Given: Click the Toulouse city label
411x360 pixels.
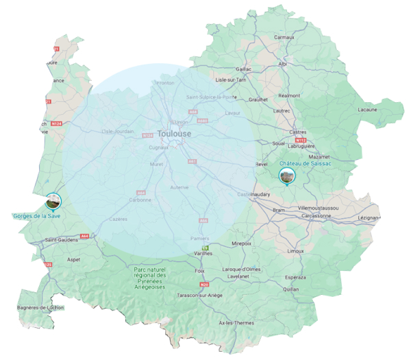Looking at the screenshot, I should pyautogui.click(x=174, y=134).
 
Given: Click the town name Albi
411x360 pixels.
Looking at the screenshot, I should pyautogui.click(x=283, y=64).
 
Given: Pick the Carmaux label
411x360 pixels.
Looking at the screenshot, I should pyautogui.click(x=284, y=37).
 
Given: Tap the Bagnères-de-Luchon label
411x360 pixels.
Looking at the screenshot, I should pyautogui.click(x=40, y=308).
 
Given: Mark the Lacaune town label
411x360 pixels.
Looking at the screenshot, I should pyautogui.click(x=368, y=110).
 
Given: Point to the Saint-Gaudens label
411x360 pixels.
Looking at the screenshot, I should pyautogui.click(x=60, y=240).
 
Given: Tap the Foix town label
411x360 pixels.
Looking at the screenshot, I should pyautogui.click(x=201, y=270).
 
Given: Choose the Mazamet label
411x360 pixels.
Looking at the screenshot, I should pyautogui.click(x=320, y=157).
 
